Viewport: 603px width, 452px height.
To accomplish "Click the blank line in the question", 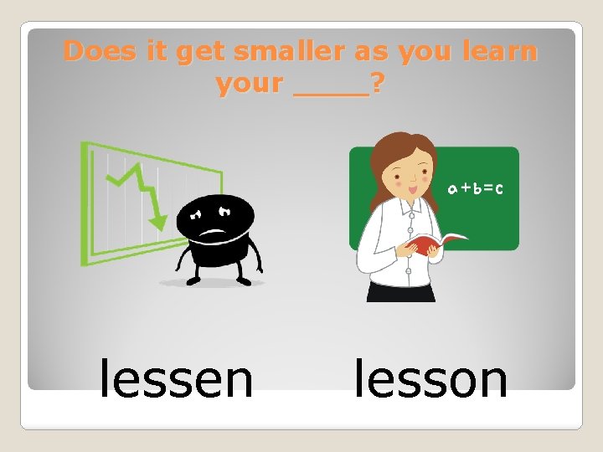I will [x=332, y=90].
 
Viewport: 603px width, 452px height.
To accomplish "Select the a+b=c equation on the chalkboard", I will [x=475, y=189].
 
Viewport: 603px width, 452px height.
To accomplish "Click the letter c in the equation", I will [x=499, y=189].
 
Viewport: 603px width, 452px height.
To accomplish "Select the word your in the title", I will [x=250, y=84].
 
